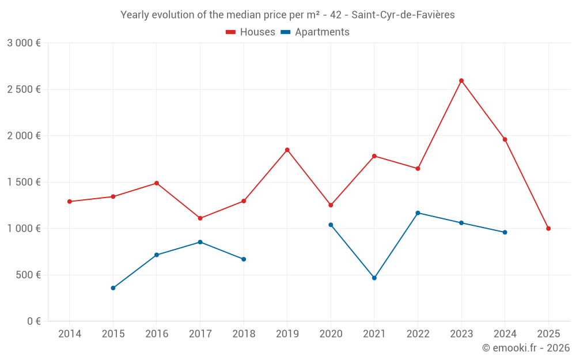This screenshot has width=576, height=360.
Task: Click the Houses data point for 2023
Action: pos(461,81)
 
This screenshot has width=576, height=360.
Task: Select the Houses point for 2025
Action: pos(548,229)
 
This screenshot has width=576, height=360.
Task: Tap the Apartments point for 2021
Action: pos(374,278)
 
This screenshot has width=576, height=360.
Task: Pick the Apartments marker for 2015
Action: pos(113,288)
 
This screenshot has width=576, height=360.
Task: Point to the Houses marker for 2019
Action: pos(287,150)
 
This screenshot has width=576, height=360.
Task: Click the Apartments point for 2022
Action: pos(418,213)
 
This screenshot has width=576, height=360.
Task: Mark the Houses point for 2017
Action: pos(200,218)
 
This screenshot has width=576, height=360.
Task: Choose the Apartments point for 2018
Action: pos(244,259)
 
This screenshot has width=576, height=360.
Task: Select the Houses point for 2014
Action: pos(70,202)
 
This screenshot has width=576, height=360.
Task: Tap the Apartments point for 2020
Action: pos(331,225)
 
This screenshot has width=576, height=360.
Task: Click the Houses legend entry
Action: pos(251,32)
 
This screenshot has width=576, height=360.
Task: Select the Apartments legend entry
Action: pos(315,32)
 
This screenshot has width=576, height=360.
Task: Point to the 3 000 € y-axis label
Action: pos(24,43)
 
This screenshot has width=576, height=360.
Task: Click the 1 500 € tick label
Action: pos(24,182)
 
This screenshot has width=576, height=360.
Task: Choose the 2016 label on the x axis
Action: pos(157,334)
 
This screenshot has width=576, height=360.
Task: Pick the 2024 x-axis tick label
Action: pos(505,334)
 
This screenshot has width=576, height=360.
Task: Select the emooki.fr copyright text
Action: pos(525,348)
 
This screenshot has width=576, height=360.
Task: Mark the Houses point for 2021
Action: pos(374,156)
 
